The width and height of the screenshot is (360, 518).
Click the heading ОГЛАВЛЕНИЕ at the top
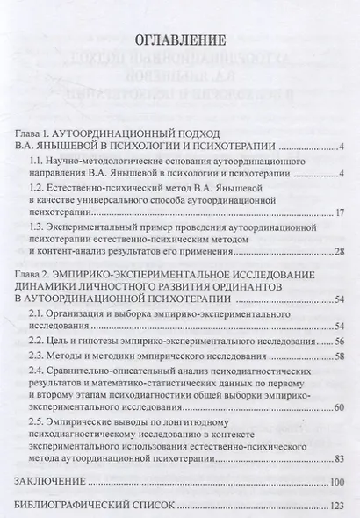[x=180, y=40]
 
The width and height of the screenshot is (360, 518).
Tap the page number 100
[x=338, y=482]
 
